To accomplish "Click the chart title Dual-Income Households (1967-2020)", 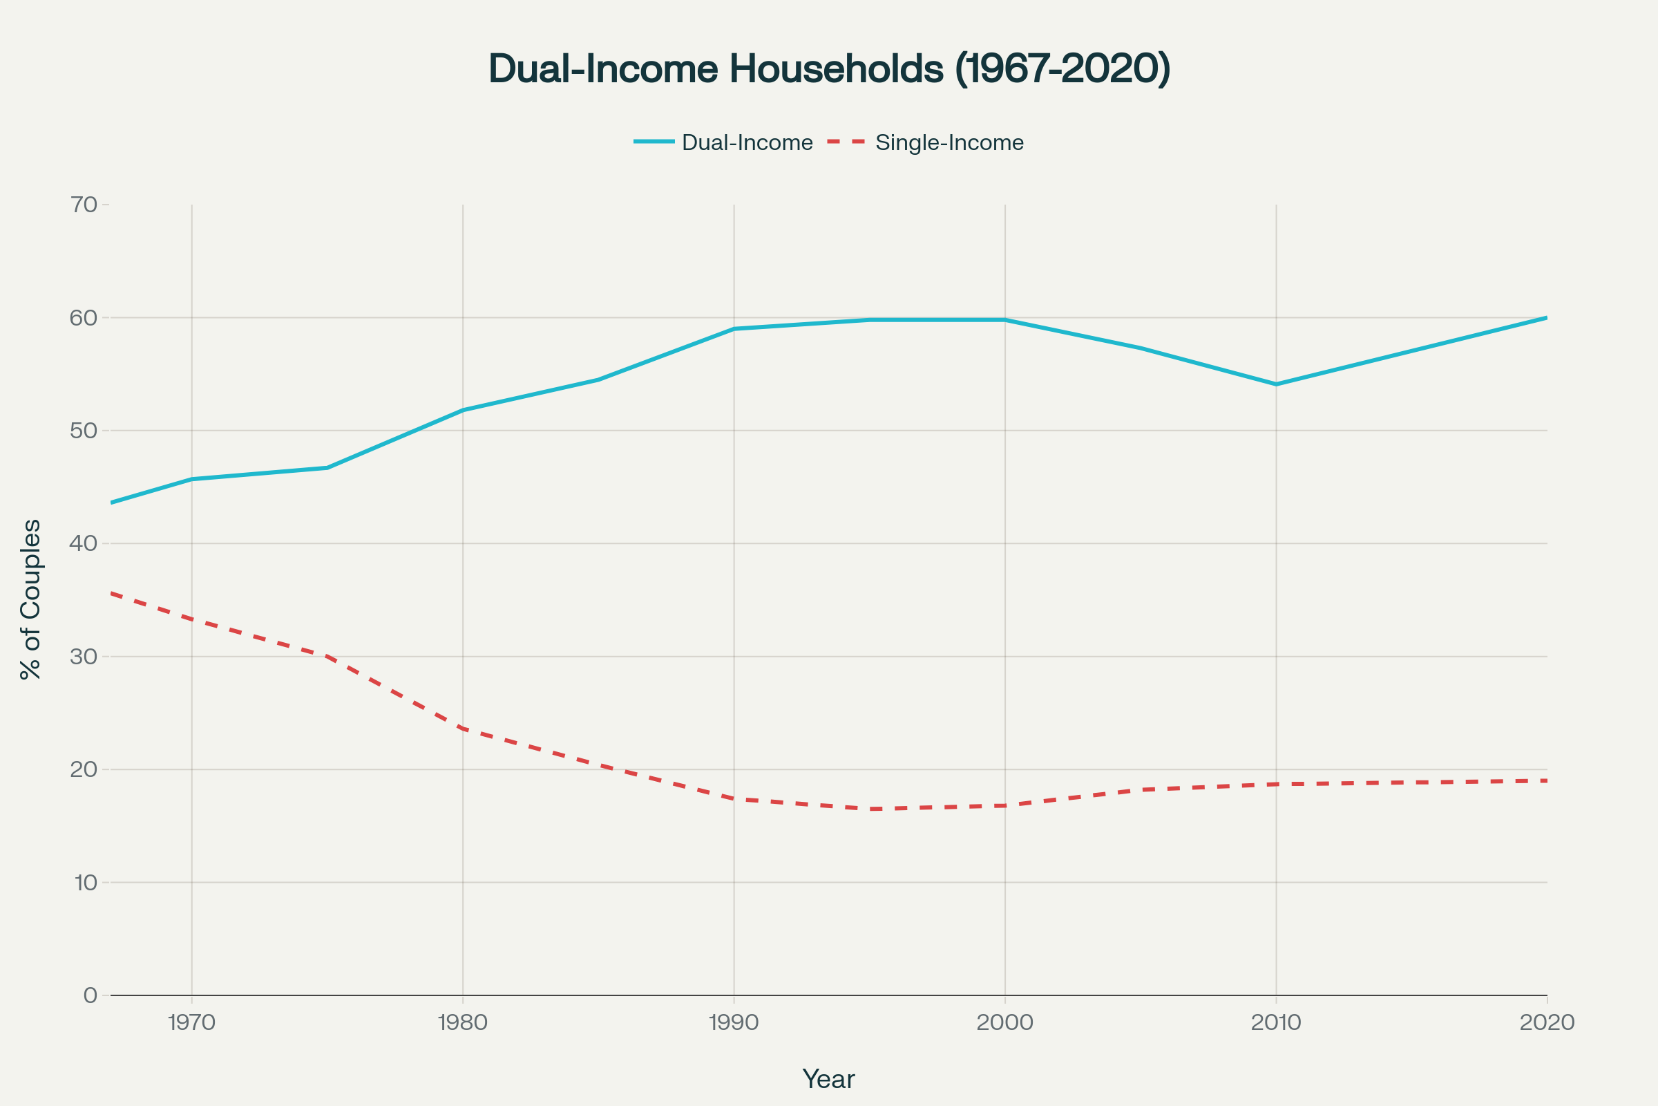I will pos(829,68).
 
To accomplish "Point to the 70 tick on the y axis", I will pos(84,205).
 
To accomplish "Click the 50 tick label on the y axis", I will pos(84,430).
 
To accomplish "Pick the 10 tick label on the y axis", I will pos(85,883).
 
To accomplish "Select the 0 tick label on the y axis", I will pos(90,995).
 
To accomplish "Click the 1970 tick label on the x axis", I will pos(192,1023).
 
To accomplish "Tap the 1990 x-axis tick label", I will pos(734,1023).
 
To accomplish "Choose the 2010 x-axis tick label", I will pos(1276,1023).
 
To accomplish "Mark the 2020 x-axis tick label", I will pos(1547,1023).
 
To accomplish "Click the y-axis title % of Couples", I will pos(31,599).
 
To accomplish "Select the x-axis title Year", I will pos(828,1079).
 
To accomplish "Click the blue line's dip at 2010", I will pos(1276,384).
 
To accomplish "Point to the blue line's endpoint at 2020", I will pos(1546,318).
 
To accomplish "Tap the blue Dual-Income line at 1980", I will pos(463,410).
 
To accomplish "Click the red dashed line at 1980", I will pos(463,729).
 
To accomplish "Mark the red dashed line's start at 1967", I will pos(111,593).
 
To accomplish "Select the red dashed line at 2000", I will pos(1005,805).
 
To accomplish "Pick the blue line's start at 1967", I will pos(111,503).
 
